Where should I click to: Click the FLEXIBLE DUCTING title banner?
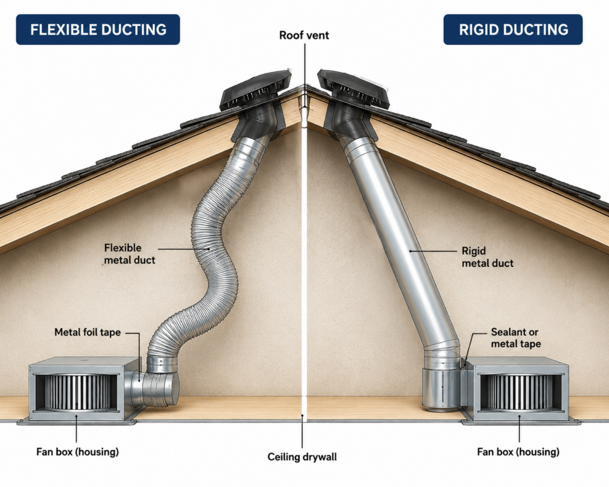(98, 30)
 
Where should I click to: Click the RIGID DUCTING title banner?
(513, 30)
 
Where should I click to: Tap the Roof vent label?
(304, 35)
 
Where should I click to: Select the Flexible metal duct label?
(129, 254)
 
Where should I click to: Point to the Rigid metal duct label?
(488, 257)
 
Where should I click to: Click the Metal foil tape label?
(87, 332)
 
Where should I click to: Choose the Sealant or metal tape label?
(516, 338)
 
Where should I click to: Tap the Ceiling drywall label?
(302, 457)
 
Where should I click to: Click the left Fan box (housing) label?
(78, 452)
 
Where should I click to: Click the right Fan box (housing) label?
(518, 452)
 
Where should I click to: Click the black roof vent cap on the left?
(255, 91)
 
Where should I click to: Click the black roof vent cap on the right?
(353, 90)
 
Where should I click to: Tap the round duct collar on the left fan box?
(155, 388)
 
